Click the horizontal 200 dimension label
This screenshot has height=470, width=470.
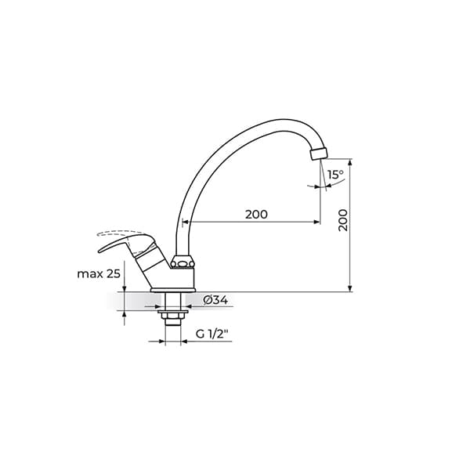coord(256,215)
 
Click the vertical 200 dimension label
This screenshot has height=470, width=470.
coord(343,220)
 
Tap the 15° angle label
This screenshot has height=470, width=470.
coord(335,175)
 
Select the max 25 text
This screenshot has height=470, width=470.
coord(99,273)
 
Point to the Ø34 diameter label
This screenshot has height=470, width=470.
coord(215,300)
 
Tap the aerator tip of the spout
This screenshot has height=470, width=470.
coord(319,154)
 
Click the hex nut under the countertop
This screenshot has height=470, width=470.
coord(173,316)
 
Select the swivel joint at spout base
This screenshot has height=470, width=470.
coord(183,262)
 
